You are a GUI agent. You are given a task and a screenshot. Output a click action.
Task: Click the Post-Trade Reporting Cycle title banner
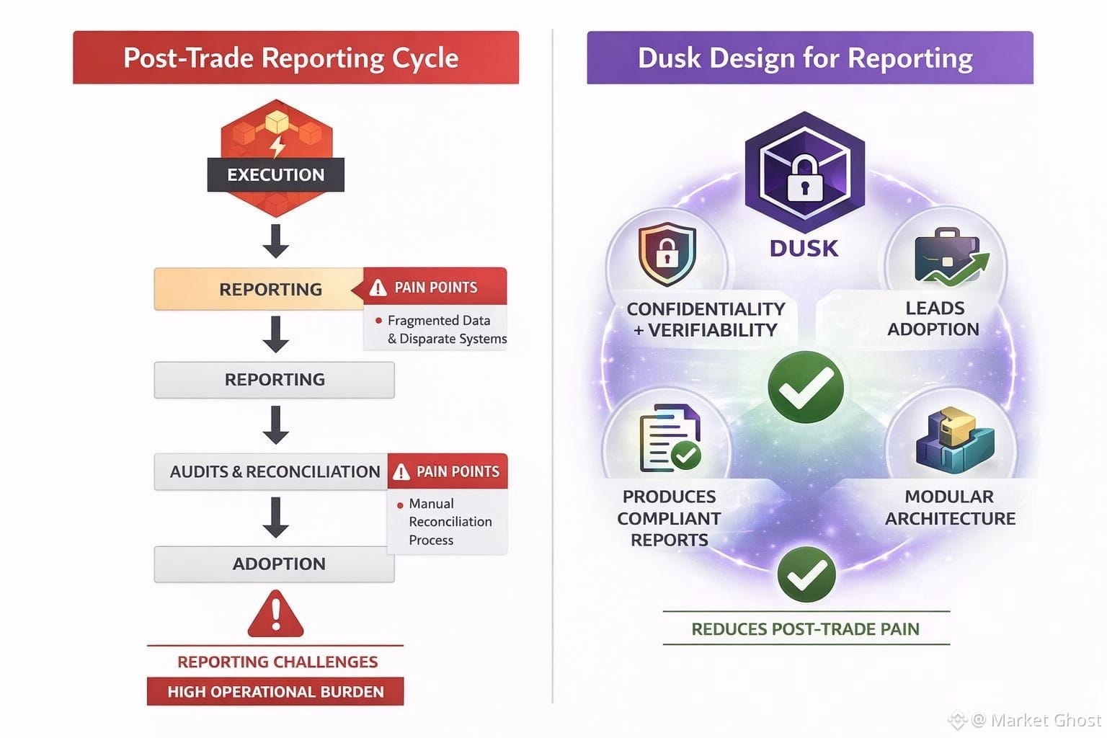click(x=295, y=58)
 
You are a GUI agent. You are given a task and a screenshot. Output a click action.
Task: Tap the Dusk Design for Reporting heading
click(x=810, y=58)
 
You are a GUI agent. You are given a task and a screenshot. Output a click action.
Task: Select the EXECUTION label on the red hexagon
click(x=276, y=174)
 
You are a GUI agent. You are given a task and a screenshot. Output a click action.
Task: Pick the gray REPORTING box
click(x=275, y=380)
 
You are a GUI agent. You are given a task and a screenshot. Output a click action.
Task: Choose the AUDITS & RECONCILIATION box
click(x=271, y=471)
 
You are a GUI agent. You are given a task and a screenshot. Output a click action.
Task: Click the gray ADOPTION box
click(x=275, y=564)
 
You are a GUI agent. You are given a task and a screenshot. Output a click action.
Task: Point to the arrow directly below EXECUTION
click(x=276, y=241)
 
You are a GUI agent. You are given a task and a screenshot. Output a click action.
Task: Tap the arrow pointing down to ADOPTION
click(x=276, y=517)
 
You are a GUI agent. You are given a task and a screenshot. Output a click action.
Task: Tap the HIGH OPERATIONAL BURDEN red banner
click(x=275, y=691)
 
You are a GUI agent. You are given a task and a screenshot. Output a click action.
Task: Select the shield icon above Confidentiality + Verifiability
click(x=667, y=254)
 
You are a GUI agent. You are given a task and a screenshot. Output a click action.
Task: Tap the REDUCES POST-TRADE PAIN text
click(x=806, y=628)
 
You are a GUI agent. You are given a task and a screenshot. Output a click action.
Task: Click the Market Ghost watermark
click(x=1025, y=720)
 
